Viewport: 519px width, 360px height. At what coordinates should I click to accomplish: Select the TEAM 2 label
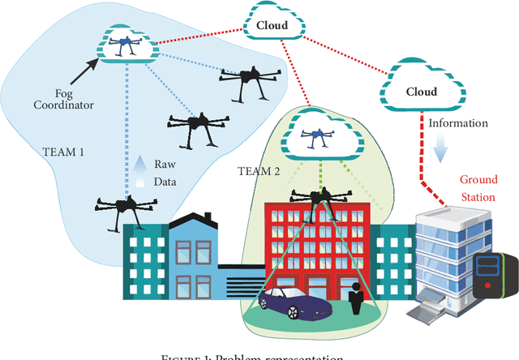pos(260,169)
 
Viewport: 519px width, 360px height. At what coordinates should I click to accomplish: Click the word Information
pos(459,123)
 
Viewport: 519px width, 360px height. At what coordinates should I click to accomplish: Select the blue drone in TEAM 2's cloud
pos(315,135)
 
